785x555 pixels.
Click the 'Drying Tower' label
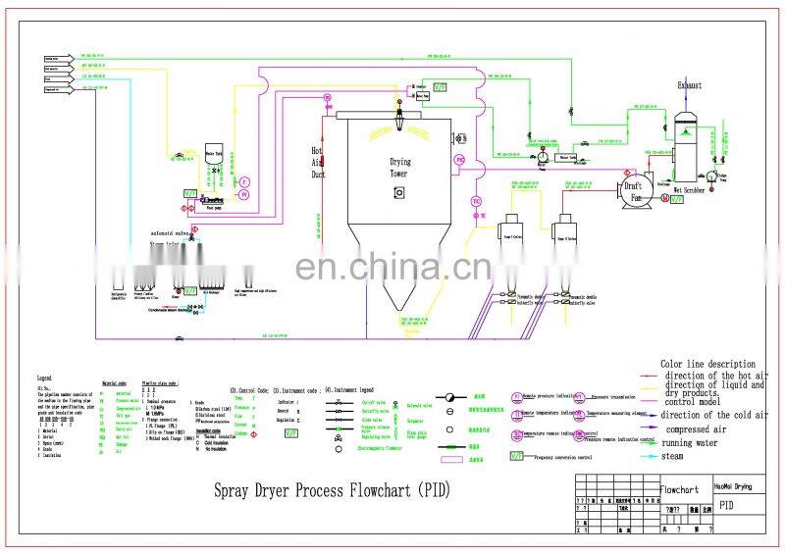tap(400, 168)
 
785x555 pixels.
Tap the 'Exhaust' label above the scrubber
tap(689, 85)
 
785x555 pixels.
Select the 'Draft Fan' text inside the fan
tap(636, 190)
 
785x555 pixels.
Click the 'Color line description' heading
tap(707, 364)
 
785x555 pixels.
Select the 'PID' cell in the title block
tap(726, 506)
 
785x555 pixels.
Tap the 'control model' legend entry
tap(698, 401)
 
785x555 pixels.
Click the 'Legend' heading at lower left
tap(44, 378)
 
